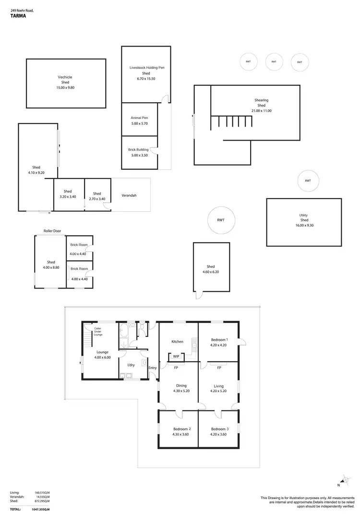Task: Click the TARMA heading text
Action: (18, 15)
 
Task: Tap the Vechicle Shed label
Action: (65, 80)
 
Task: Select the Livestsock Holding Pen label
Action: (146, 68)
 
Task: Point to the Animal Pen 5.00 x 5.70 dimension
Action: (140, 123)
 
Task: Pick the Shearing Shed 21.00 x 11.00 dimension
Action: (261, 111)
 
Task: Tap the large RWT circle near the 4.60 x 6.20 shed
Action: (220, 220)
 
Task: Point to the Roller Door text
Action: (52, 231)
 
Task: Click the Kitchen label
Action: (178, 342)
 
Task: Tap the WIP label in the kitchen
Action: (176, 357)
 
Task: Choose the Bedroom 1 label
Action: (219, 340)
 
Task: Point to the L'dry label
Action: (131, 365)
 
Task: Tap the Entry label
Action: (153, 368)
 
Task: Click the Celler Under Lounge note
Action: (98, 331)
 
